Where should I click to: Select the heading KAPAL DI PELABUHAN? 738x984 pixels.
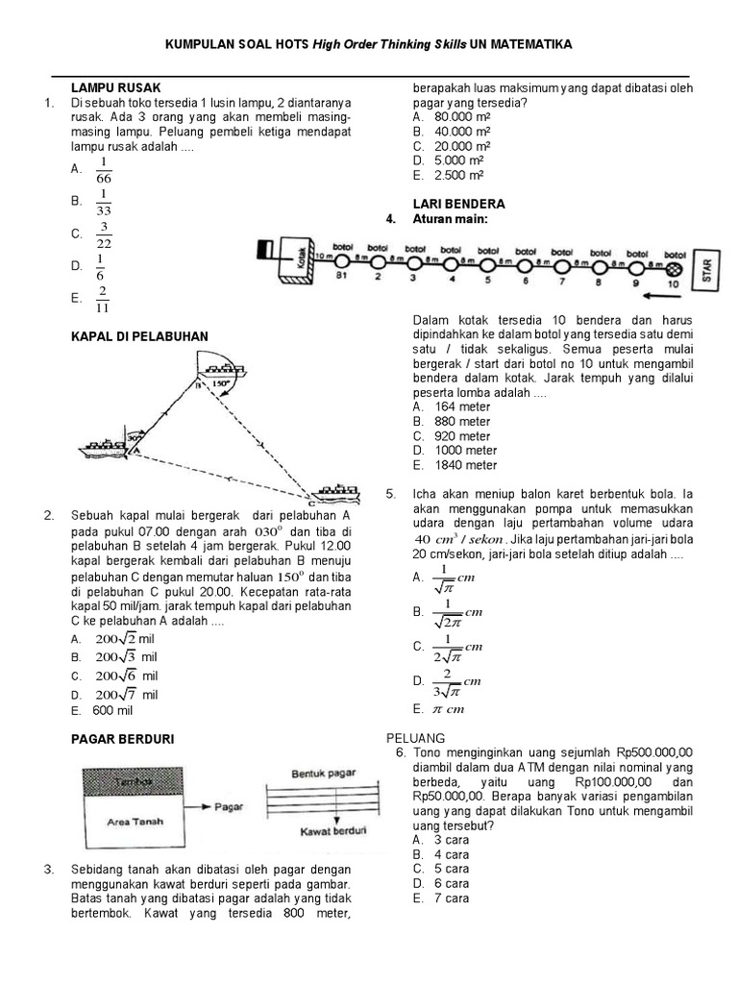139,335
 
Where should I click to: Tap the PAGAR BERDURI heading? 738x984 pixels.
122,738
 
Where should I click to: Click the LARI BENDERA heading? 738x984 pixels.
458,205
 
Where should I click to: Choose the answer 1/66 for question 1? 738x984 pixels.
104,169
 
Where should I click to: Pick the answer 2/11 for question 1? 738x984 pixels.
103,299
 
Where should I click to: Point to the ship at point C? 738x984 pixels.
333,491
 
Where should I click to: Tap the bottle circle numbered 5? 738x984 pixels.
487,264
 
